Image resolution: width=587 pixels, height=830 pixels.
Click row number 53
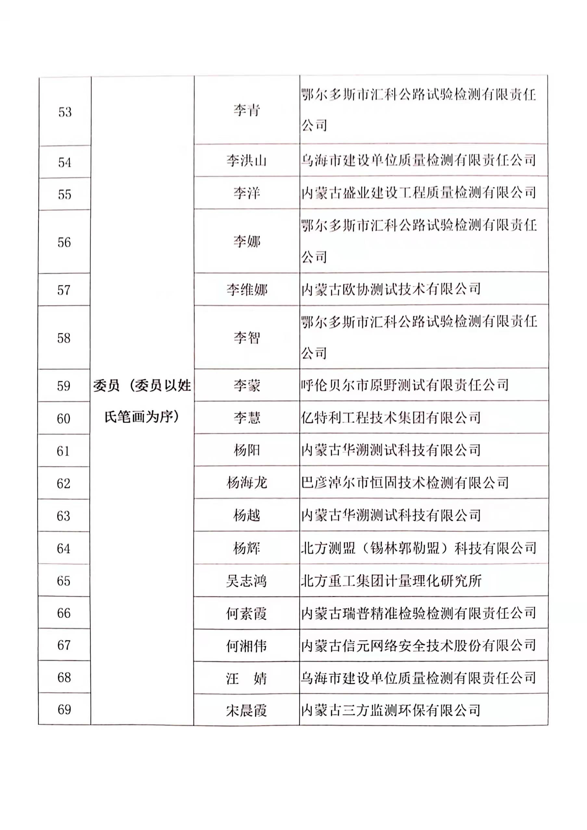tap(65, 112)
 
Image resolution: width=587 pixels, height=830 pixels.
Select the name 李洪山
tap(247, 160)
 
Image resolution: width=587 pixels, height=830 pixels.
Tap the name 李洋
tap(247, 193)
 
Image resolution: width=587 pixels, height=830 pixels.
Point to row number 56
tap(64, 242)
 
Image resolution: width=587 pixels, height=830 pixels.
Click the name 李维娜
tap(247, 290)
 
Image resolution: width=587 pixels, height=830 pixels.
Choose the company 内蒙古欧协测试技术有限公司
tap(390, 289)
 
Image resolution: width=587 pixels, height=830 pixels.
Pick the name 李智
tap(247, 338)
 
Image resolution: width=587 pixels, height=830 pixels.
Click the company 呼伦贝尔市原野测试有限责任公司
tap(405, 385)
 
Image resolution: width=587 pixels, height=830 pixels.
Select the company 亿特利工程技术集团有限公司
tap(390, 418)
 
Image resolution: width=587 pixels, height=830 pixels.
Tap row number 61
tap(63, 451)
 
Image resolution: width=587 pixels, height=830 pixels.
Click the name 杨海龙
tap(247, 483)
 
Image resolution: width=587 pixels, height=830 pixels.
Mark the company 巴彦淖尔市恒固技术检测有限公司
tap(405, 483)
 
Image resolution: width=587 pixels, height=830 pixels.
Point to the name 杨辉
tap(247, 548)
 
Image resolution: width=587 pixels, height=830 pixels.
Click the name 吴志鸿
tap(247, 581)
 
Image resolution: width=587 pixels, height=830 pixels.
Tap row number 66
tap(64, 613)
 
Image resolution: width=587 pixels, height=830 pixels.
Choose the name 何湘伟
tap(247, 646)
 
